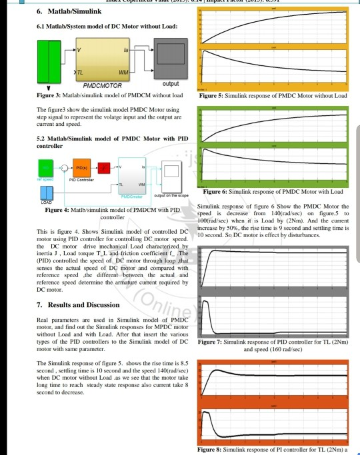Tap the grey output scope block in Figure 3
click(x=171, y=55)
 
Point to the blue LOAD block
click(x=47, y=192)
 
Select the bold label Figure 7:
click(x=213, y=342)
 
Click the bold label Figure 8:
click(x=213, y=451)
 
